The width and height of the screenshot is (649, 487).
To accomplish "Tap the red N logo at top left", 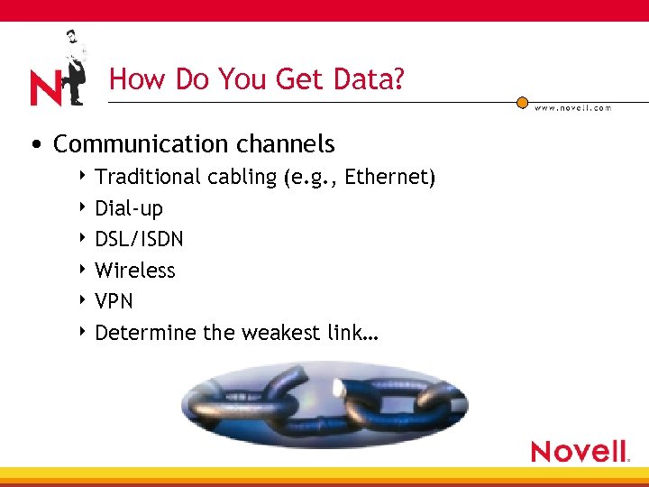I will click(x=46, y=88).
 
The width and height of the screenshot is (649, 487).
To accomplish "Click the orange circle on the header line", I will click(x=522, y=102).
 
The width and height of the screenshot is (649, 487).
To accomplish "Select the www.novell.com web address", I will click(x=572, y=108).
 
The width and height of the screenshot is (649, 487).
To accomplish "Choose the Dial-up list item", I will click(x=129, y=209).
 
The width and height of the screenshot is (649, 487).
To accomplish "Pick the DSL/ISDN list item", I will click(x=139, y=239).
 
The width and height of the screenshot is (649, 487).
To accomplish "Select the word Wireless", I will click(x=135, y=271).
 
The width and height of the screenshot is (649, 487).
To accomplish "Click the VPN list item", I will click(x=114, y=301).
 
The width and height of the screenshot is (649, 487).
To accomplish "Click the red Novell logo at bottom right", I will click(x=579, y=451).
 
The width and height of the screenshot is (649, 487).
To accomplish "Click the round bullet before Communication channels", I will click(x=34, y=145).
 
